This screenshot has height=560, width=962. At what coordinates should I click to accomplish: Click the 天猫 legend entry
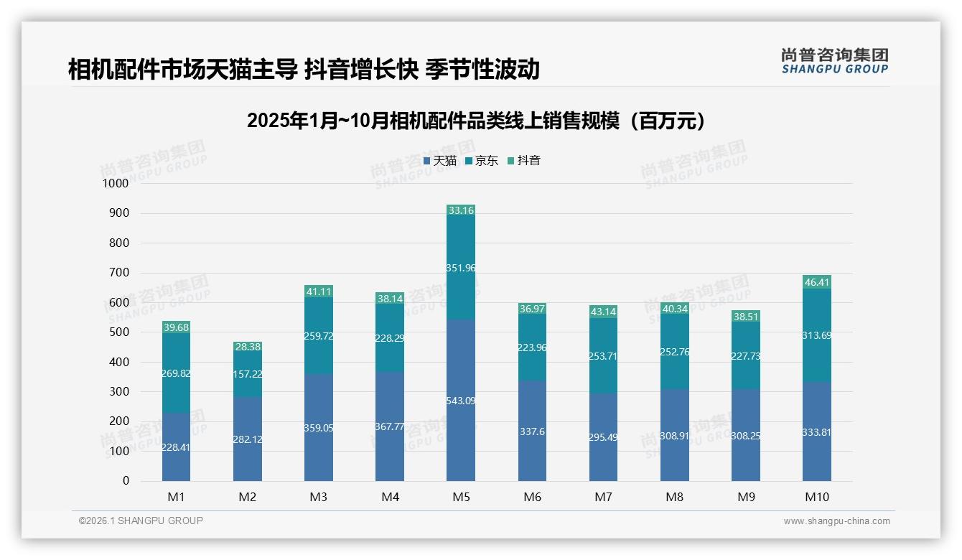click(x=439, y=161)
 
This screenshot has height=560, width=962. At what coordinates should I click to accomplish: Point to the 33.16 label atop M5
click(x=461, y=211)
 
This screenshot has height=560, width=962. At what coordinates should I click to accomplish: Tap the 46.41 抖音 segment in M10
click(x=817, y=282)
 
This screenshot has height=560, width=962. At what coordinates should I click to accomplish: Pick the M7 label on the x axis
click(x=603, y=497)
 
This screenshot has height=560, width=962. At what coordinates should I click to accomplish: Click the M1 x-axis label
click(x=176, y=497)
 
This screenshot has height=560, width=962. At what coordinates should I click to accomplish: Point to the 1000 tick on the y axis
click(x=115, y=184)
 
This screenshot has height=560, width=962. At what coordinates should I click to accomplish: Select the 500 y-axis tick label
click(x=118, y=332)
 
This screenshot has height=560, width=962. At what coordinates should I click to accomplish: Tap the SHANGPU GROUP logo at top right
click(x=835, y=61)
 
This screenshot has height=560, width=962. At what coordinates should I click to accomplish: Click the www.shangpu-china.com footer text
click(x=836, y=521)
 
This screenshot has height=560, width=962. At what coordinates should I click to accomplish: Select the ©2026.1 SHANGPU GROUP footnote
click(x=141, y=521)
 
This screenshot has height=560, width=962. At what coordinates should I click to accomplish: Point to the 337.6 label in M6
click(x=532, y=431)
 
